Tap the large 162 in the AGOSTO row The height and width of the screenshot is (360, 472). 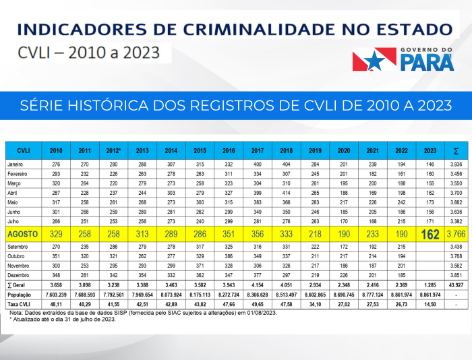(x=430, y=235)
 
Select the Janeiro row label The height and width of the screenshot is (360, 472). (x=16, y=164)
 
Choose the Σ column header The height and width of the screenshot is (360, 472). (x=456, y=150)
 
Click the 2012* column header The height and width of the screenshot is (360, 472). (x=113, y=150)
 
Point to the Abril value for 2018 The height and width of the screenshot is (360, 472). (x=286, y=192)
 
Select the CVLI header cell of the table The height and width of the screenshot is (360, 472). (x=23, y=150)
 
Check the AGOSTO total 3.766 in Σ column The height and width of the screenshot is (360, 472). (x=456, y=235)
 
